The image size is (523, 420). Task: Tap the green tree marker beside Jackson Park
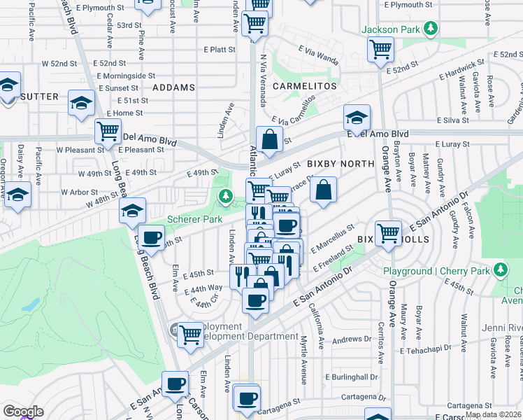pos(433,29)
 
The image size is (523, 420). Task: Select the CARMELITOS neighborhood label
pos(304,86)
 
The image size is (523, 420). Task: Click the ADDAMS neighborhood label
pos(174,87)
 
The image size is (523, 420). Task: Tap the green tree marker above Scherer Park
pos(225,197)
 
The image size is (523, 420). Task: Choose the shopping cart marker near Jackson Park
pos(382,50)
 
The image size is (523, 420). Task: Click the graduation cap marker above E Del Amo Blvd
pos(357,118)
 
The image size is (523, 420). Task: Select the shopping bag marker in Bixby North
pos(324,190)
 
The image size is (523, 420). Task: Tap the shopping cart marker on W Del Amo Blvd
pos(108,130)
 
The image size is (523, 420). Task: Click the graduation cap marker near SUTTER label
pos(81,104)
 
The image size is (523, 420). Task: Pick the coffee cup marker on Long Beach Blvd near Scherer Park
pos(151,237)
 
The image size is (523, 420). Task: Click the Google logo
pos(23,412)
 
